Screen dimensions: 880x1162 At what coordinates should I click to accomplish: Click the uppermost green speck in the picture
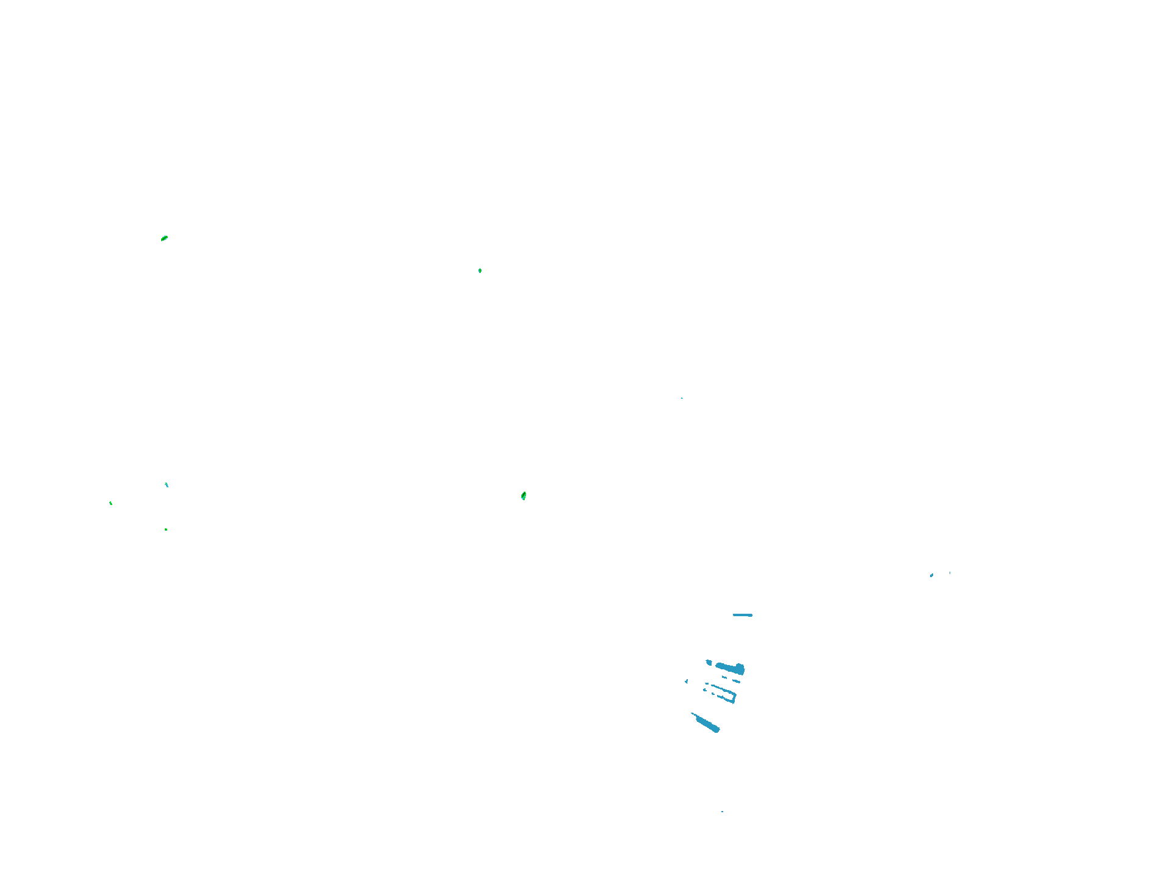pyautogui.click(x=164, y=238)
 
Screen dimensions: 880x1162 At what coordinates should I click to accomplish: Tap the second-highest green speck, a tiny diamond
pyautogui.click(x=480, y=271)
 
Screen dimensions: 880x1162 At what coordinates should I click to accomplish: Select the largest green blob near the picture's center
pyautogui.click(x=524, y=496)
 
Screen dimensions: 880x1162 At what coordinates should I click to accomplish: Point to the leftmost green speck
pyautogui.click(x=110, y=503)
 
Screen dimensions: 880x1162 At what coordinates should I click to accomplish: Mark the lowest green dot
pyautogui.click(x=166, y=529)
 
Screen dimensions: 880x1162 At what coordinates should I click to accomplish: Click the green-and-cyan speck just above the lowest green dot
pyautogui.click(x=167, y=485)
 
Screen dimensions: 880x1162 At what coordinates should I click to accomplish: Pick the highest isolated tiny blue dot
pyautogui.click(x=682, y=398)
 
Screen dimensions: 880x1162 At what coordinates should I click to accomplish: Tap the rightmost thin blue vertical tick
pyautogui.click(x=950, y=573)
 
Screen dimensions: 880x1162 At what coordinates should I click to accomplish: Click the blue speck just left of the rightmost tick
pyautogui.click(x=931, y=575)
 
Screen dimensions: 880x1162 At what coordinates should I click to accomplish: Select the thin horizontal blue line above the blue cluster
pyautogui.click(x=742, y=615)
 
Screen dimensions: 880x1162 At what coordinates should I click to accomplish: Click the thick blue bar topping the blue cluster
pyautogui.click(x=727, y=667)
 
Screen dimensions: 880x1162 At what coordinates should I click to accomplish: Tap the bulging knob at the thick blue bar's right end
pyautogui.click(x=740, y=669)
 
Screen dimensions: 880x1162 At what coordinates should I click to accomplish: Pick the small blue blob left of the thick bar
pyautogui.click(x=709, y=662)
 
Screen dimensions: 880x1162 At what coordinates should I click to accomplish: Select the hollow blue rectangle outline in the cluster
pyautogui.click(x=723, y=693)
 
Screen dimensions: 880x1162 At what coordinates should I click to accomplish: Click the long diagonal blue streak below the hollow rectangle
pyautogui.click(x=708, y=725)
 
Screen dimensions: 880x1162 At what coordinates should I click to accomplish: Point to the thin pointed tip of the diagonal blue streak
pyautogui.click(x=693, y=714)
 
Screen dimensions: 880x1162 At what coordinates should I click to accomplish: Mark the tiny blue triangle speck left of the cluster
pyautogui.click(x=687, y=681)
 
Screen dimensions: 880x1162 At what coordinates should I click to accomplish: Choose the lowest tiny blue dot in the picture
pyautogui.click(x=722, y=812)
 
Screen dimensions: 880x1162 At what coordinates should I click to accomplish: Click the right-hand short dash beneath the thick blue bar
pyautogui.click(x=736, y=680)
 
